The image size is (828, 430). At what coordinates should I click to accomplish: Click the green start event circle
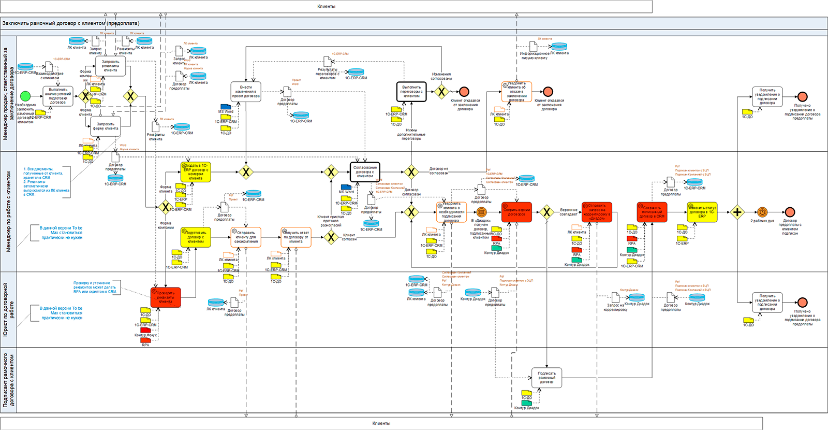pos(25,96)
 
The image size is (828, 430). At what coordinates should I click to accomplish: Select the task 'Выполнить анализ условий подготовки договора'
pos(58,96)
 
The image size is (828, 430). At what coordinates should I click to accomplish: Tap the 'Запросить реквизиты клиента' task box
pos(110,66)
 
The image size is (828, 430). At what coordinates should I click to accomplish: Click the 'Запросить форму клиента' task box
pos(106,126)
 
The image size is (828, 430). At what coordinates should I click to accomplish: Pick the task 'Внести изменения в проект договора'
pos(246,92)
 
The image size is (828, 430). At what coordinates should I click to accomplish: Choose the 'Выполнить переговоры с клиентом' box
pos(411,92)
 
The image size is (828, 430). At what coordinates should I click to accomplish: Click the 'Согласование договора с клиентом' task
pos(365,172)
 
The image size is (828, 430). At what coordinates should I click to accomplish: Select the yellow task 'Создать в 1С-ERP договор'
pos(196,172)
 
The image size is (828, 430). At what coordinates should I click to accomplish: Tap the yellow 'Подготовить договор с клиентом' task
pos(196,237)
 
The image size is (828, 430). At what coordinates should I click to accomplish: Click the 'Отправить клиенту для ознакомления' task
pos(246,237)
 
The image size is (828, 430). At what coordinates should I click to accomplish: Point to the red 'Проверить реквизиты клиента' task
pos(166,297)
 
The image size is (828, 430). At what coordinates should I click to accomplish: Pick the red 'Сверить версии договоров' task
pos(516,212)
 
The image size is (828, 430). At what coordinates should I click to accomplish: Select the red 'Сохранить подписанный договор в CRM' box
pos(652,212)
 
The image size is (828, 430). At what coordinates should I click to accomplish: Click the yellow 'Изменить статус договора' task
pos(702,212)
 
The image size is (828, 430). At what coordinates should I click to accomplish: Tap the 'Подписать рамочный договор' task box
pos(546,378)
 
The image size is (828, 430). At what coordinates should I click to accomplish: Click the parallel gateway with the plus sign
pos(737,212)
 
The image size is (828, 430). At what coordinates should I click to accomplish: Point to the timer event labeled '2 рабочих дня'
pos(762,212)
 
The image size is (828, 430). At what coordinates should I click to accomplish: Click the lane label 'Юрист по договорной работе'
pos(9,310)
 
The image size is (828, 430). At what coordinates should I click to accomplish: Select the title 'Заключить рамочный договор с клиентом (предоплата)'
pos(71,23)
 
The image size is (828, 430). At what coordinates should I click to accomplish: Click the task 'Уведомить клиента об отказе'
pos(516,92)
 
